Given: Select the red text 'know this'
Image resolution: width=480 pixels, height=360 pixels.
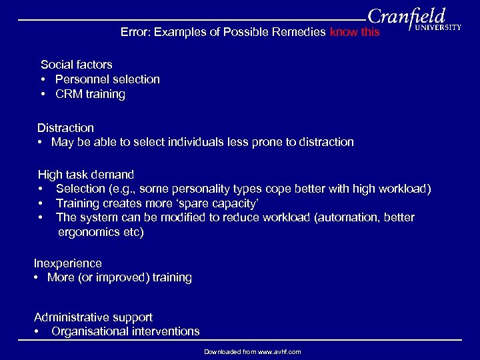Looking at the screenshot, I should point(355,32).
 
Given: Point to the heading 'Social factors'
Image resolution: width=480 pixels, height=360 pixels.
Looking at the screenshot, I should point(76,65).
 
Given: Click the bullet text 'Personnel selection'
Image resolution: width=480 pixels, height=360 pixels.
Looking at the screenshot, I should point(107,79).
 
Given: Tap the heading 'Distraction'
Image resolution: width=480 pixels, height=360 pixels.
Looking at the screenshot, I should point(65,127).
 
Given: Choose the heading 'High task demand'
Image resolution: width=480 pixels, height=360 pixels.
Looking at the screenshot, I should point(85,175).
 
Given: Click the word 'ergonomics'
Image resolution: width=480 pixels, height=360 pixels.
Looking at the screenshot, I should point(89,232).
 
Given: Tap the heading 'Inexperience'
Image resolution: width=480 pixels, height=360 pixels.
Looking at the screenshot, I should point(68,263).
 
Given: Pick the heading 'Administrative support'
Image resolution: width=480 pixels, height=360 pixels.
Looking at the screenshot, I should point(93,317).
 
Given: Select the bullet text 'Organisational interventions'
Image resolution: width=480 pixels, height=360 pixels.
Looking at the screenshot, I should point(125,331).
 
